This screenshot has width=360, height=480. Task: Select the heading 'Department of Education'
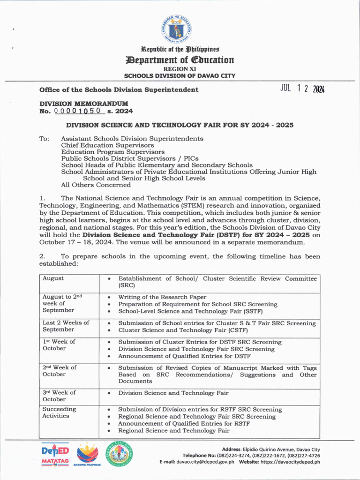180,60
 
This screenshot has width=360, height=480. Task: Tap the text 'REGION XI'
180,68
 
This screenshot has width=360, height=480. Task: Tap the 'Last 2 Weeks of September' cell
66,326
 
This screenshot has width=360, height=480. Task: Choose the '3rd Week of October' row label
59,396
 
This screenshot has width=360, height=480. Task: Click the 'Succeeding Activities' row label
59,412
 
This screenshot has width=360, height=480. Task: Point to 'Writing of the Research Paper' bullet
162,297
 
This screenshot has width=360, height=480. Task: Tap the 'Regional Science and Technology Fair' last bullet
173,430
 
